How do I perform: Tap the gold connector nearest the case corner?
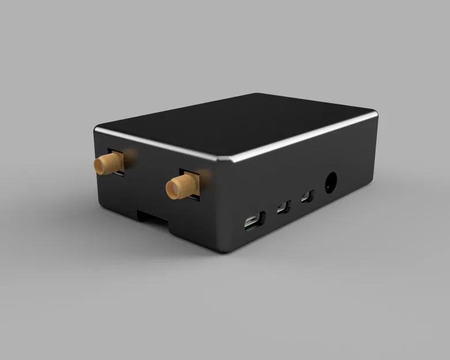[180, 186]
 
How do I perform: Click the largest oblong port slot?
[254, 221]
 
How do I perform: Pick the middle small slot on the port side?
[283, 207]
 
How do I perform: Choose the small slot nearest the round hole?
[307, 196]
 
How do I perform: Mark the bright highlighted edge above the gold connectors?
[161, 145]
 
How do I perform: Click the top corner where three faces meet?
[228, 160]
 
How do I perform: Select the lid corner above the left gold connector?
[96, 128]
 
